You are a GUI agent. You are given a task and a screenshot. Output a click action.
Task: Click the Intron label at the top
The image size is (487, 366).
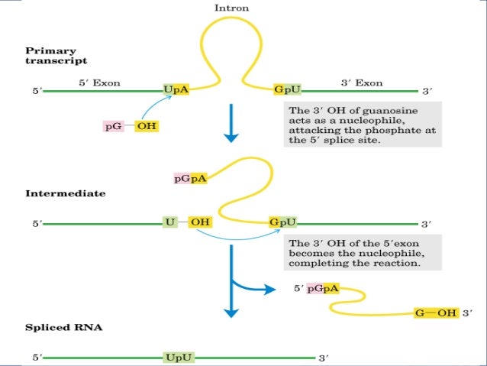[x=231, y=8]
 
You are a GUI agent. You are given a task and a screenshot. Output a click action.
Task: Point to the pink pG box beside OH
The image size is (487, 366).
[x=114, y=125]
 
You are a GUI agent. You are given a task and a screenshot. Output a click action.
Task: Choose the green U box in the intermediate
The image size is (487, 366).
[x=170, y=222]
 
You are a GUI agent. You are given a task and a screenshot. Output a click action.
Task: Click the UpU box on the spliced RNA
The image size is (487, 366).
[x=176, y=357]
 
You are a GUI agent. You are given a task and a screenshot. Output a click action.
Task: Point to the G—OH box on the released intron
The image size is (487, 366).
[x=435, y=313]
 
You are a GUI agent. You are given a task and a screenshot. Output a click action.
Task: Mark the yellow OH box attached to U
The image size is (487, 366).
[x=200, y=222]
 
